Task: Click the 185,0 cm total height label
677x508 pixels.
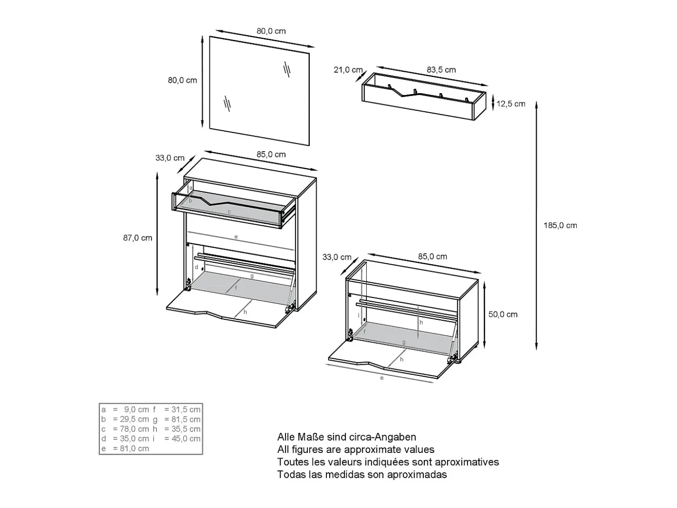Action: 560,226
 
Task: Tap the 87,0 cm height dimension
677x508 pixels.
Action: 138,238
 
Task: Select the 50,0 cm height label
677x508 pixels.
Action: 503,314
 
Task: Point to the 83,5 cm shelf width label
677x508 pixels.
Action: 441,70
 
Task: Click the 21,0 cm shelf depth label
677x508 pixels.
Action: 348,70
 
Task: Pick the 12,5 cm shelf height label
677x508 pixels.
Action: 511,104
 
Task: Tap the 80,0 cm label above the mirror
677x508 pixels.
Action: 271,31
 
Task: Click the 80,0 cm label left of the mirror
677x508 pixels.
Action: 182,81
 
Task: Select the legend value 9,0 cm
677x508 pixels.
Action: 137,410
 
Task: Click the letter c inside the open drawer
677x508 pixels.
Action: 229,212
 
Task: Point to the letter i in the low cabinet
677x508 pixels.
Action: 358,315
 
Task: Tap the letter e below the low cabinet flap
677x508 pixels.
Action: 382,378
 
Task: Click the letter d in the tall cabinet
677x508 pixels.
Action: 197,267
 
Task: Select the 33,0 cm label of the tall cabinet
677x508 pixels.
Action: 170,158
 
